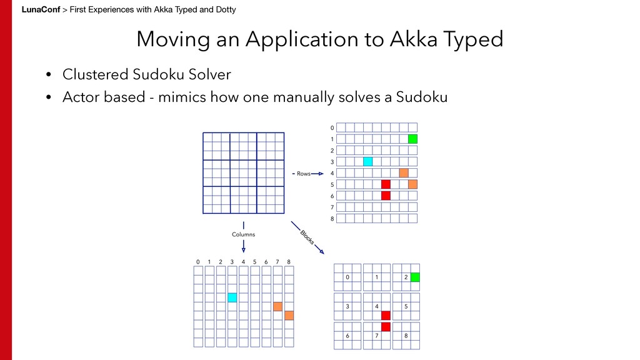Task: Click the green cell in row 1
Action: click(412, 139)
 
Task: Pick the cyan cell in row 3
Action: click(367, 162)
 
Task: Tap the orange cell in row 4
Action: click(404, 173)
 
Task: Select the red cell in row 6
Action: click(386, 196)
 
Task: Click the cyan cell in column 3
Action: click(232, 297)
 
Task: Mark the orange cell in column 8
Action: click(289, 316)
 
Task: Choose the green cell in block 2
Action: click(415, 277)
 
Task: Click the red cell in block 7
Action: click(386, 327)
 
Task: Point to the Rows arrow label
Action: click(303, 174)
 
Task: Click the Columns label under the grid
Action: click(244, 234)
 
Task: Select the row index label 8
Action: click(332, 219)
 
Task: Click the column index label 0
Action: click(197, 261)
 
